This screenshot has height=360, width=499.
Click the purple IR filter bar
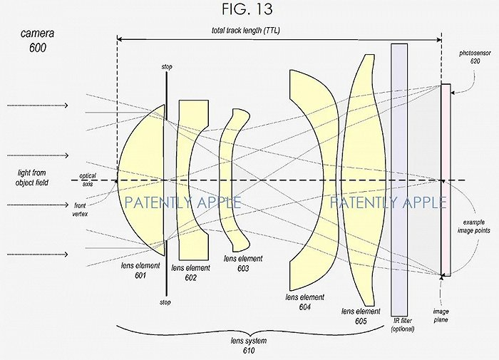click(x=400, y=178)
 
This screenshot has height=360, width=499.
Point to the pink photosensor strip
click(x=446, y=178)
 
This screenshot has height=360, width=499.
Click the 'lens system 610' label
click(x=247, y=345)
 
